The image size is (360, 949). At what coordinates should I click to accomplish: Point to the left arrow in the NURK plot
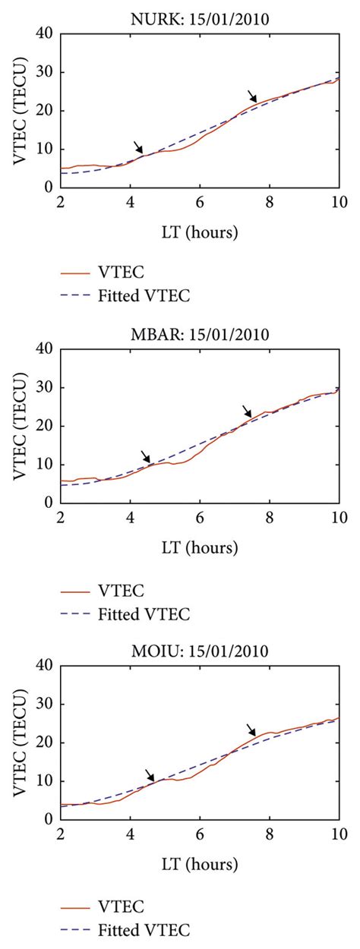pos(137,147)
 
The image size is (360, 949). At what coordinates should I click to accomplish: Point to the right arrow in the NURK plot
pos(253,96)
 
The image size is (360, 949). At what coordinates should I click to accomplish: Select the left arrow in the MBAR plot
pos(146,456)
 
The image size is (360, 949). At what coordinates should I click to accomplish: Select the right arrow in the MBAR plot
pos(247,411)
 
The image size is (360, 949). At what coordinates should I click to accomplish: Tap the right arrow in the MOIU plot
pos(252,730)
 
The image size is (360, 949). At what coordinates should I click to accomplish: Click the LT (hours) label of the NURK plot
pos(199,232)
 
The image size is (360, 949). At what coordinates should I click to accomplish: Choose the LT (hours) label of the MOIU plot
pos(199,864)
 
